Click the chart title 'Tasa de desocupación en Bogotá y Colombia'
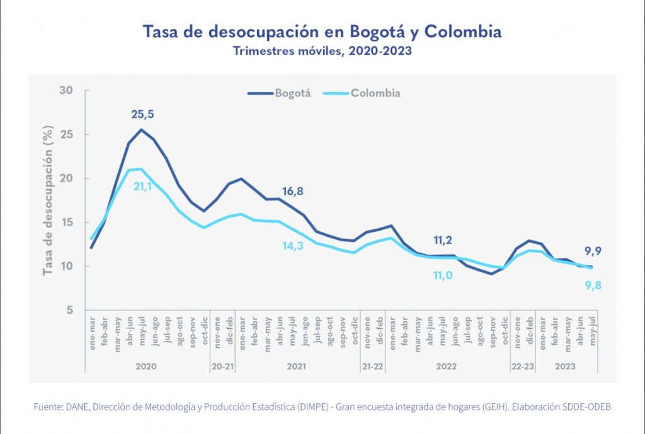click(322, 31)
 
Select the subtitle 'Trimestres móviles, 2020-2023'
click(322, 51)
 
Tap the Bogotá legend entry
click(280, 93)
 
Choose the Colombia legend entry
click(362, 93)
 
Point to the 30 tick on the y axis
click(66, 91)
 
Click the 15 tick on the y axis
click(66, 222)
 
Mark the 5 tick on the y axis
click(69, 311)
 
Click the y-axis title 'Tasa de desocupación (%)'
click(47, 200)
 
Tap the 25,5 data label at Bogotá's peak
click(142, 115)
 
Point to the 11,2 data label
click(445, 240)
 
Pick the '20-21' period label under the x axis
click(223, 365)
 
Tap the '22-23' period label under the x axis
click(523, 365)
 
